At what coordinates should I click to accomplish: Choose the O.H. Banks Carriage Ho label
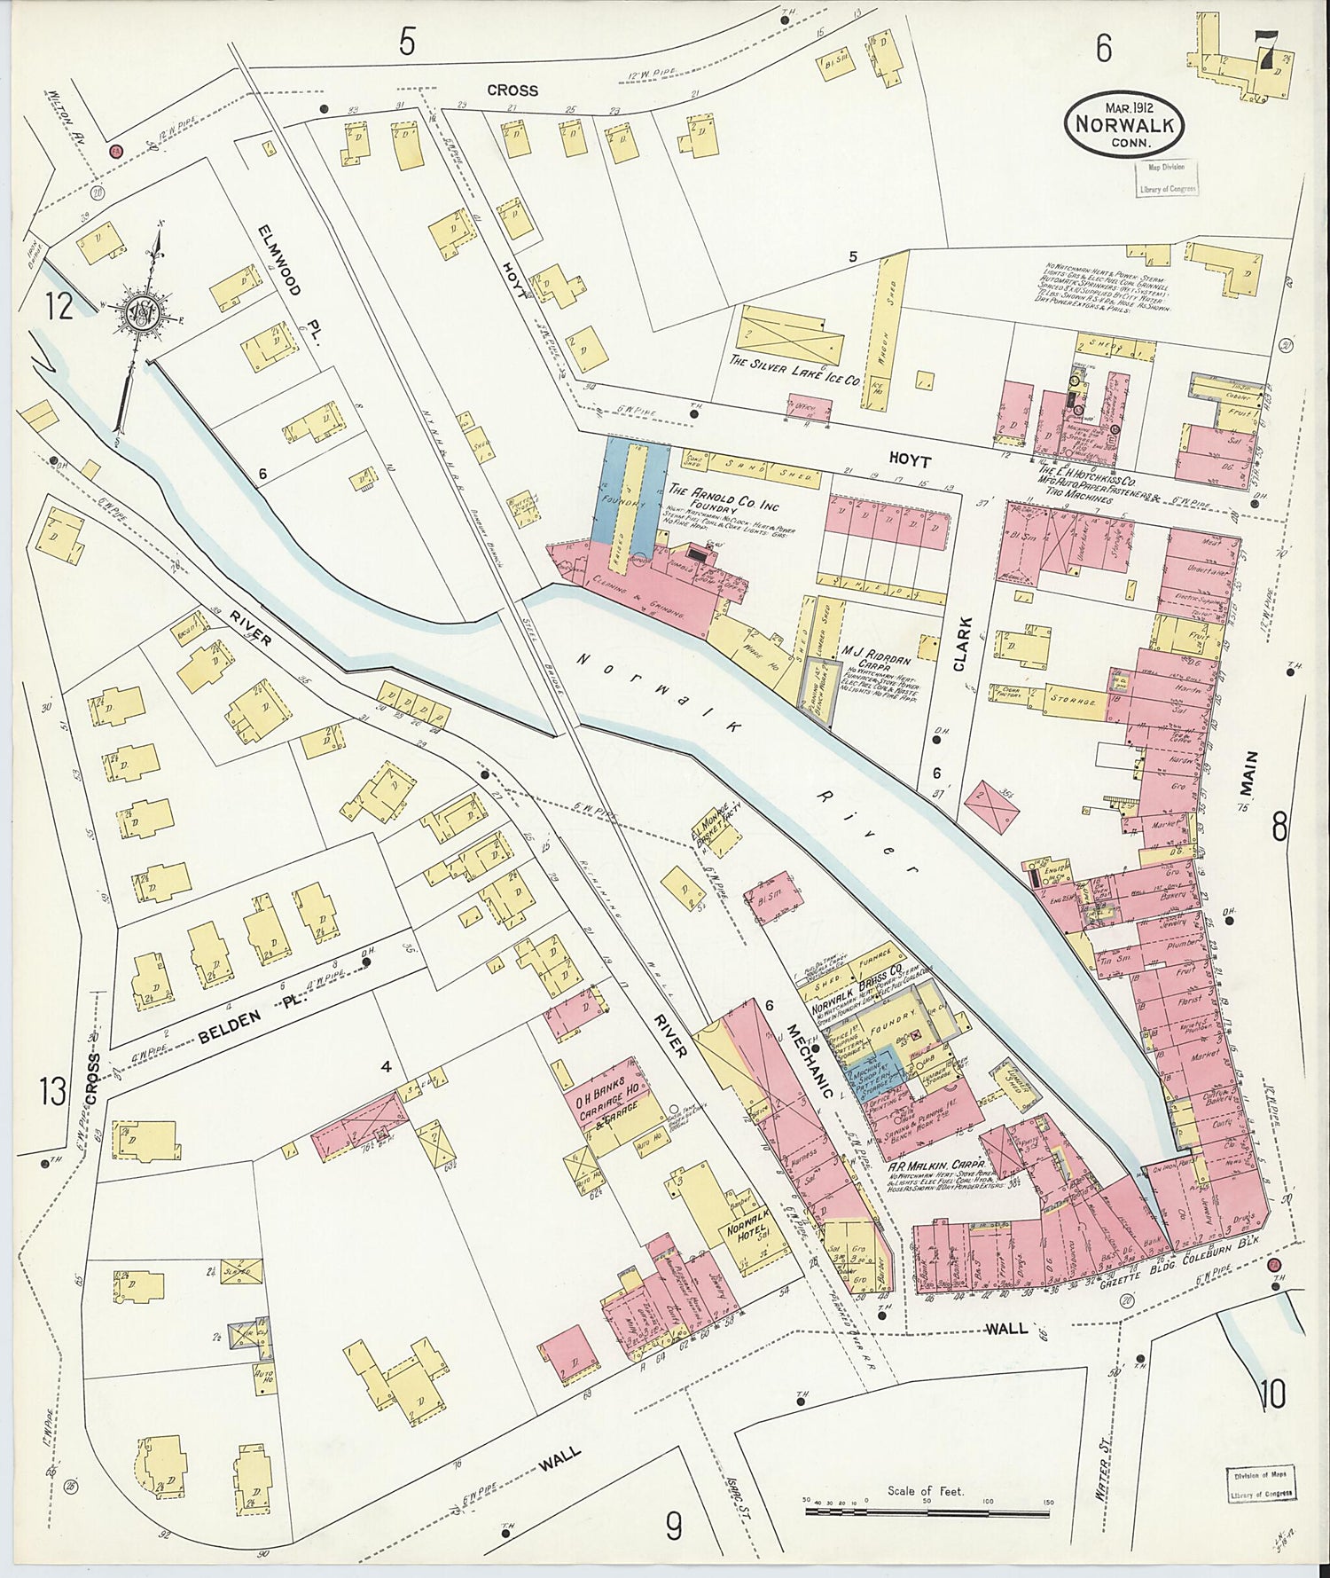[x=611, y=1101]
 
